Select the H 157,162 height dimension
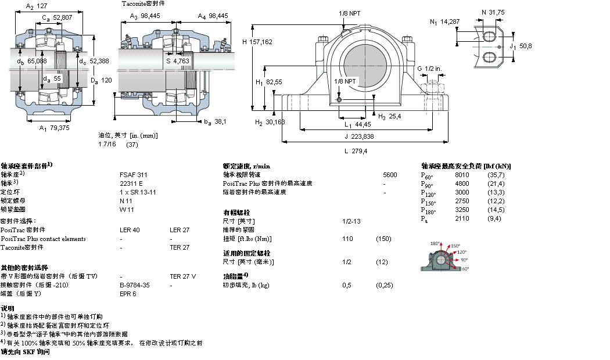(x=257, y=42)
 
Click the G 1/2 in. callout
(x=429, y=69)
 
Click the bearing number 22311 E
(x=131, y=183)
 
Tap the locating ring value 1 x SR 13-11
(x=138, y=192)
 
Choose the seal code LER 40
(x=130, y=230)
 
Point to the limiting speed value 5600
(x=390, y=174)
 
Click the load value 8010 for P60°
(x=461, y=175)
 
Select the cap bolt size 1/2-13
(x=351, y=221)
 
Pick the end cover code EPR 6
(x=128, y=294)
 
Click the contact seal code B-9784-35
(x=135, y=285)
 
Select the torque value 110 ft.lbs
(x=347, y=239)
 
